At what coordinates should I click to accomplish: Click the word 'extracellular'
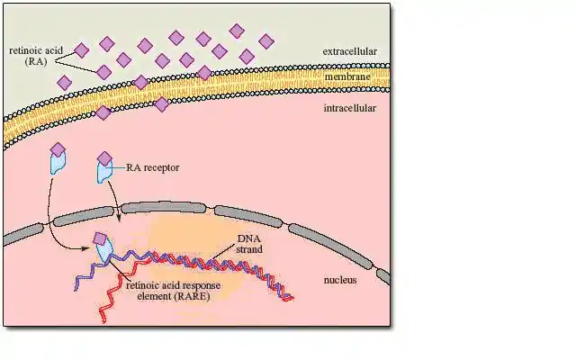[349, 51]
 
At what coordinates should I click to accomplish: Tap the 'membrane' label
[345, 77]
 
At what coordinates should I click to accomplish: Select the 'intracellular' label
[348, 109]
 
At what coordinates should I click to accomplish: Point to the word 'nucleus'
[340, 280]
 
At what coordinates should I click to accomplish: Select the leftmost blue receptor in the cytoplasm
[58, 164]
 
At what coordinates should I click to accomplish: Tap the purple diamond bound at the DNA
[101, 239]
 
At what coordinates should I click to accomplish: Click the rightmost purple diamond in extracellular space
[265, 40]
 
